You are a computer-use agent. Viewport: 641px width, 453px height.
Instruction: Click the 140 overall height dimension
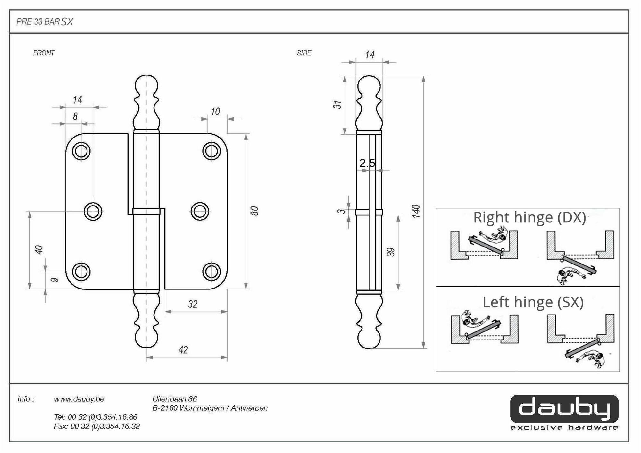(416, 211)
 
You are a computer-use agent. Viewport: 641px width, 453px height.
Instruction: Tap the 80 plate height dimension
(254, 211)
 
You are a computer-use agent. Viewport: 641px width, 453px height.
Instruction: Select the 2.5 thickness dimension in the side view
(367, 163)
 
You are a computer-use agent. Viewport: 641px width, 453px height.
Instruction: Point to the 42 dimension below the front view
(183, 349)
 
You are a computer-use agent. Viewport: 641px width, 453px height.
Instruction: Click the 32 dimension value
(193, 304)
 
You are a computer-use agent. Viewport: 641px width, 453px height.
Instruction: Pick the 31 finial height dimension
(337, 105)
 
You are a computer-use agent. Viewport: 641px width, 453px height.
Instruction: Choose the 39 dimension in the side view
(391, 252)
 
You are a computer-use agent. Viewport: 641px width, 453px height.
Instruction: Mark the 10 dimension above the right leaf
(215, 112)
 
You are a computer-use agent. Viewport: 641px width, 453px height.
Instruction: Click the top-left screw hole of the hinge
(81, 151)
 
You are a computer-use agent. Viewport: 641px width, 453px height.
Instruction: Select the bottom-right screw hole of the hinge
(212, 272)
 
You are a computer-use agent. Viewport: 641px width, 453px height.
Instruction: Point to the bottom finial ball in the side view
(369, 339)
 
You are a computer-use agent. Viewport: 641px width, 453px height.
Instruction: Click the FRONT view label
(44, 53)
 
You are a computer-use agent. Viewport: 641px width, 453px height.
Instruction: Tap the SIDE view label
(304, 53)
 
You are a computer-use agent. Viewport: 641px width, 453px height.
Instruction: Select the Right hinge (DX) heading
(529, 218)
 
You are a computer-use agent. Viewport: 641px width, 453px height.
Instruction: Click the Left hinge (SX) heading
(533, 302)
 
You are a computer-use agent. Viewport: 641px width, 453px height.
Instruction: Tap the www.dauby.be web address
(79, 399)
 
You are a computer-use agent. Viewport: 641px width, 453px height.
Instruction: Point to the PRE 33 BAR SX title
(45, 21)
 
